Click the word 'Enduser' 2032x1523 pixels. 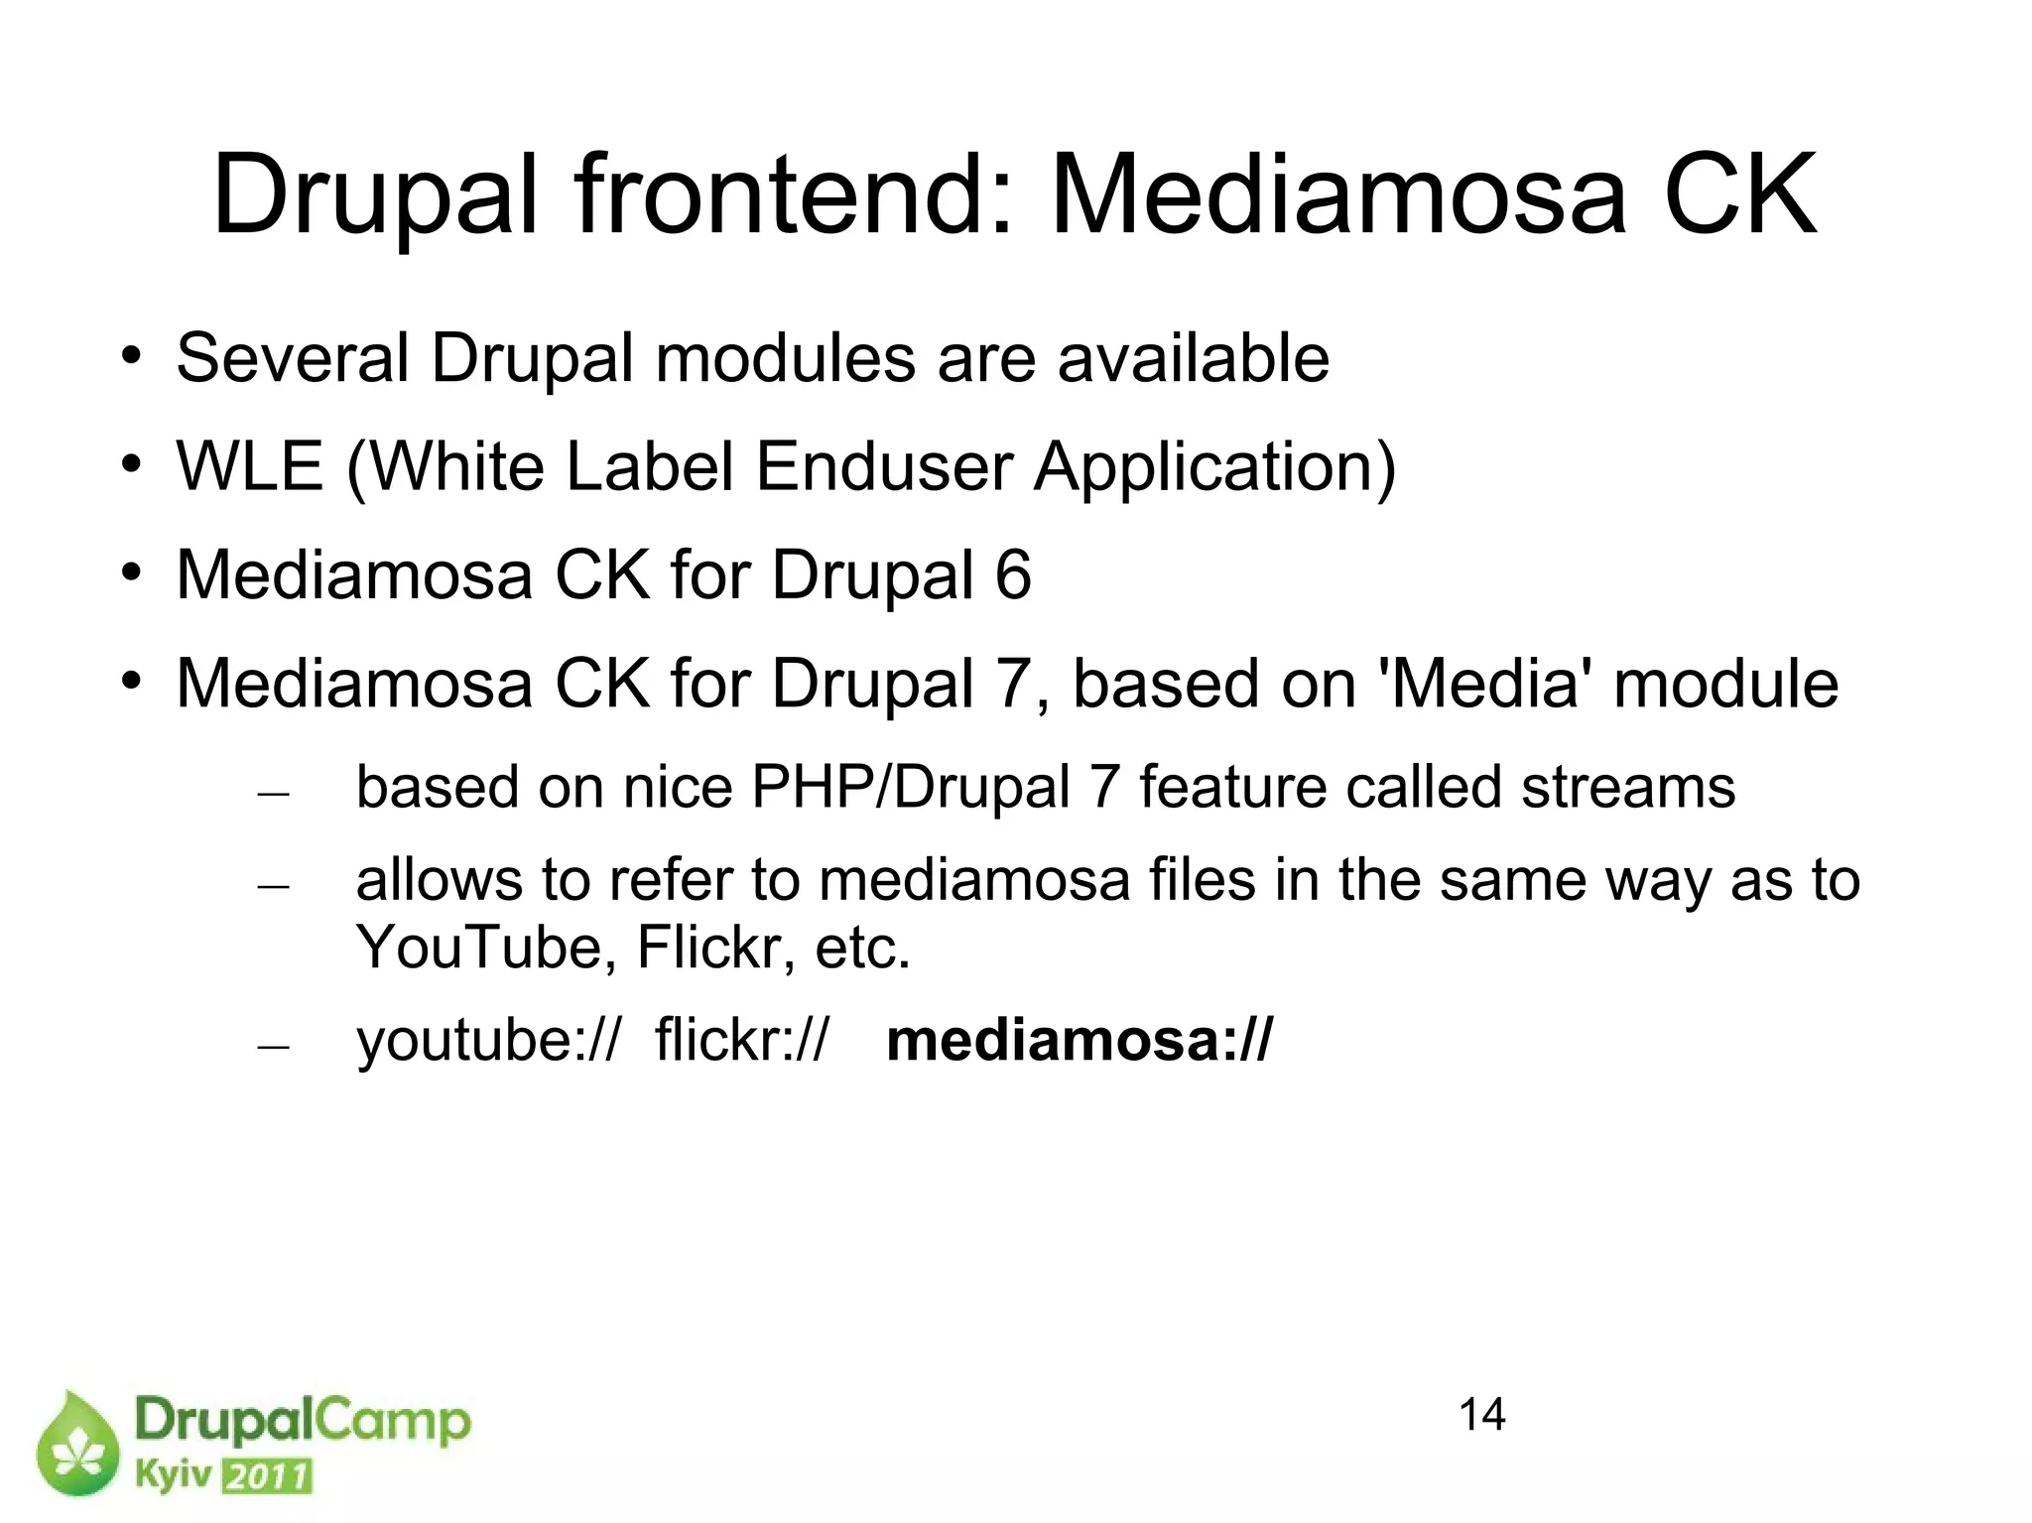coord(885,466)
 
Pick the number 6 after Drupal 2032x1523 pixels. coord(1013,574)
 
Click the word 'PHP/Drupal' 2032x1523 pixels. coord(911,788)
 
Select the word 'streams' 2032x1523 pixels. coord(1628,788)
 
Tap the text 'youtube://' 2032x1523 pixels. coord(487,1041)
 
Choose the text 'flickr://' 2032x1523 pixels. coord(740,1041)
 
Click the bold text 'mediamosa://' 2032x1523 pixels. coord(1079,1041)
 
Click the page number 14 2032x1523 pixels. coord(1482,1415)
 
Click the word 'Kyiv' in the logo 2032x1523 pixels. coord(173,1475)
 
